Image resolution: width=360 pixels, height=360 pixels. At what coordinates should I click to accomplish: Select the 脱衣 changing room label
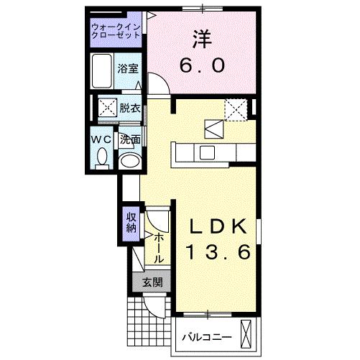pyautogui.click(x=129, y=109)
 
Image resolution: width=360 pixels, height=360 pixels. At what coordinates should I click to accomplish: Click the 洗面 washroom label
pyautogui.click(x=129, y=139)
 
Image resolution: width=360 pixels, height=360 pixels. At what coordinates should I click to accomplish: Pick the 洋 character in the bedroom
pyautogui.click(x=201, y=35)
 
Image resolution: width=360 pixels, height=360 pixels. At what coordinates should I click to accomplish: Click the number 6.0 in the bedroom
pyautogui.click(x=201, y=65)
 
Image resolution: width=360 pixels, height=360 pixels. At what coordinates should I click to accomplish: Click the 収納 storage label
pyautogui.click(x=131, y=223)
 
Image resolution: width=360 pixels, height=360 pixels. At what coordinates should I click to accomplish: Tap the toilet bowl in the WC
pyautogui.click(x=101, y=156)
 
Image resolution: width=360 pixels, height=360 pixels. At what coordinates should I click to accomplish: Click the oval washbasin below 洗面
pyautogui.click(x=129, y=160)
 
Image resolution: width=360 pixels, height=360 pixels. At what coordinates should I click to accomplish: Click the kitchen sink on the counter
pyautogui.click(x=206, y=152)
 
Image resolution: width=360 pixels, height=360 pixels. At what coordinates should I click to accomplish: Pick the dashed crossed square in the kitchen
pyautogui.click(x=235, y=108)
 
